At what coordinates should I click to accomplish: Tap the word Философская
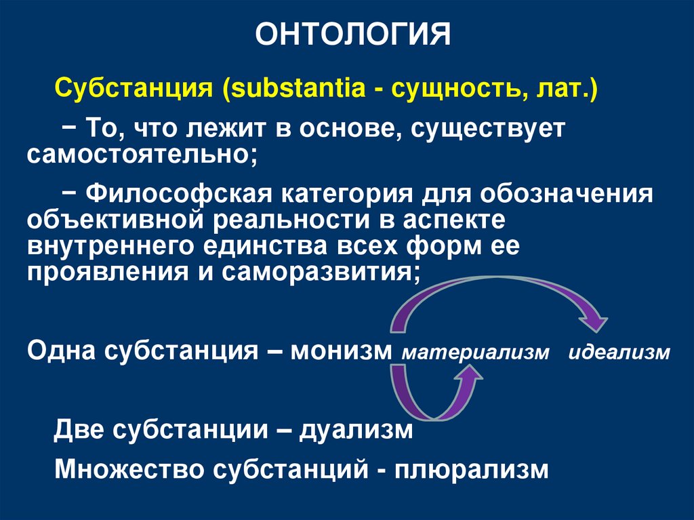[180, 195]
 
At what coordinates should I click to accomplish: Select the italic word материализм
[474, 354]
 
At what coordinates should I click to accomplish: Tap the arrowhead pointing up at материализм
[468, 382]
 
